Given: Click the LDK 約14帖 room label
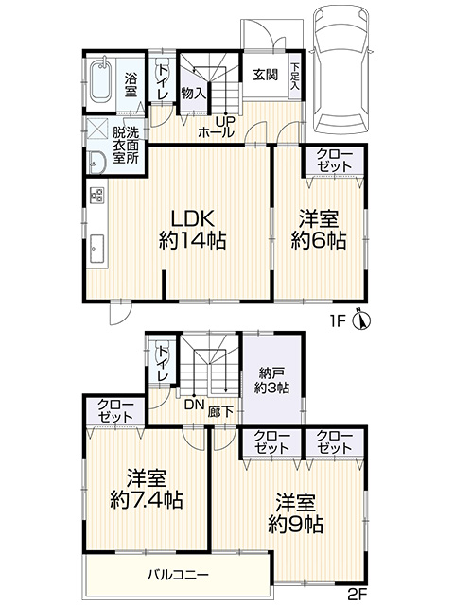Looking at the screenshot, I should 191,227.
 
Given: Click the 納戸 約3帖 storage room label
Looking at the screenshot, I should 271,380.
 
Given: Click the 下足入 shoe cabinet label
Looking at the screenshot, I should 297,76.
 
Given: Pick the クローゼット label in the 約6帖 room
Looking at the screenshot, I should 333,159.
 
